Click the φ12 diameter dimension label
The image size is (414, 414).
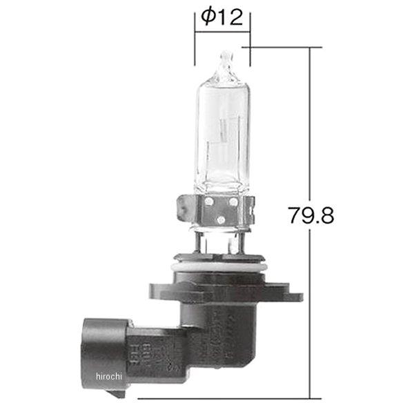[222, 17]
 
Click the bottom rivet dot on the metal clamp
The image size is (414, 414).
[219, 219]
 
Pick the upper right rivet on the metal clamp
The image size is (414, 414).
[233, 202]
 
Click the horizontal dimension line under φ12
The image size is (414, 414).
[222, 32]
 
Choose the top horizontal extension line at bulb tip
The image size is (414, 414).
[283, 47]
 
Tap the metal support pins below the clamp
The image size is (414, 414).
[219, 246]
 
